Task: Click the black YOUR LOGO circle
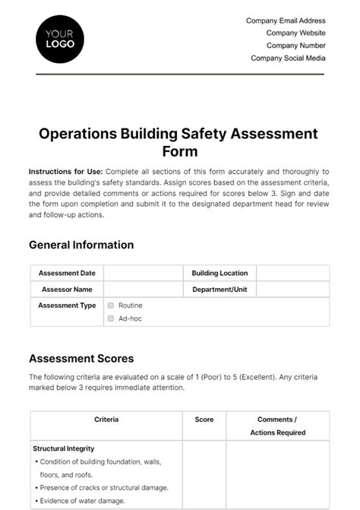(x=60, y=38)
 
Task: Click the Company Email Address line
(x=286, y=21)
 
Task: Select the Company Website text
(x=295, y=33)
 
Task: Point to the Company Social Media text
(x=288, y=58)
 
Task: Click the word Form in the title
(x=179, y=151)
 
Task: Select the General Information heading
(x=81, y=245)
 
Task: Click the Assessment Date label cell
(x=67, y=274)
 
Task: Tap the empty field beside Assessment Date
(x=143, y=274)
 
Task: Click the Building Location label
(x=219, y=274)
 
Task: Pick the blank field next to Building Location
(x=292, y=274)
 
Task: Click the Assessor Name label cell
(x=67, y=290)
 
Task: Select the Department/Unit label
(x=219, y=290)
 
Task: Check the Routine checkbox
(x=111, y=306)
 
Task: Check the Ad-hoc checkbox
(x=111, y=318)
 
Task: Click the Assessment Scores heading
(x=81, y=358)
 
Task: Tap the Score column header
(x=204, y=420)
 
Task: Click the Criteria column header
(x=106, y=420)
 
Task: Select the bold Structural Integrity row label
(x=64, y=448)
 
